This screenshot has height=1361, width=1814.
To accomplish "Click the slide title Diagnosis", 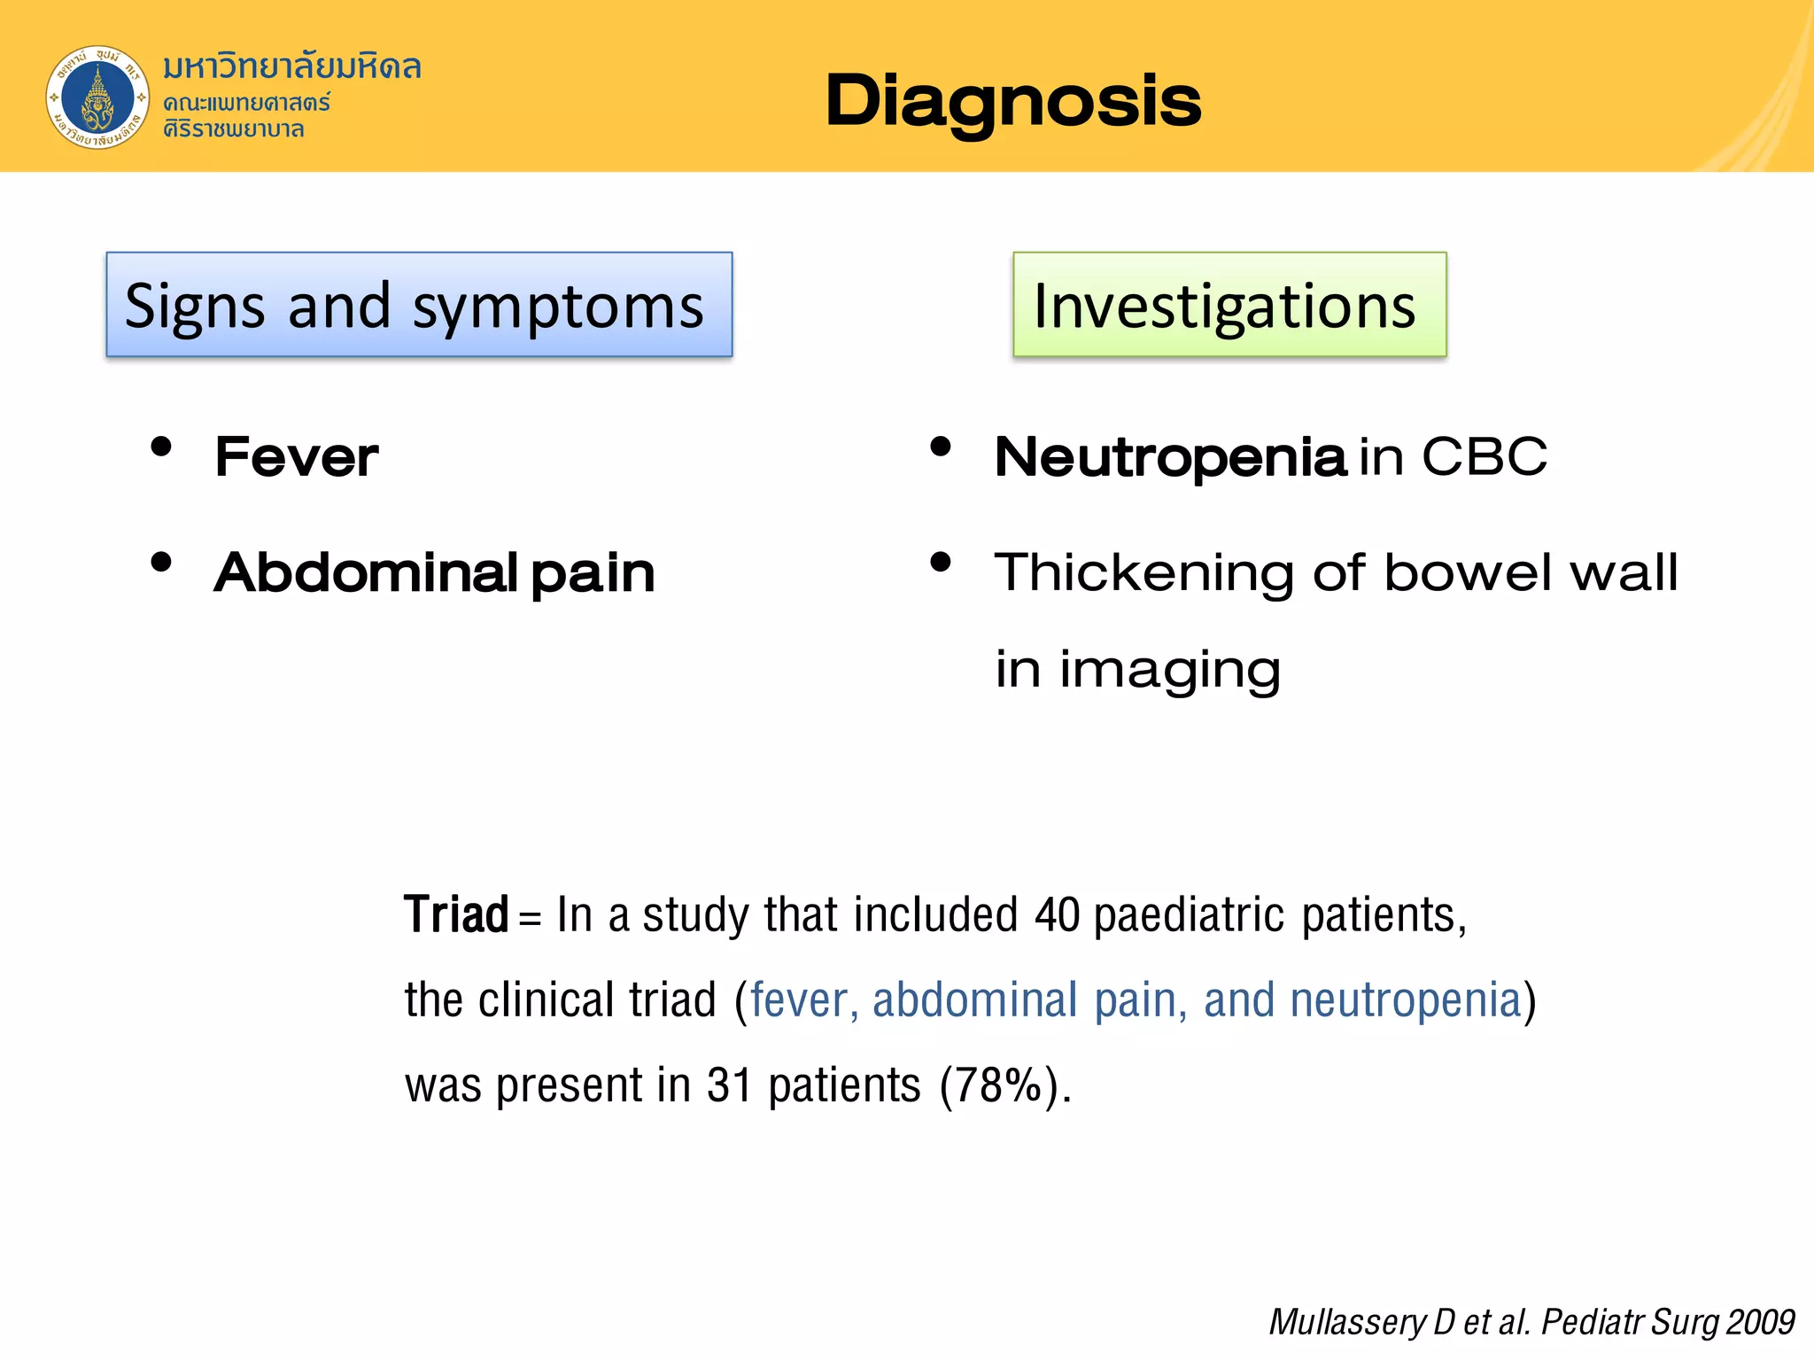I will click(x=1012, y=101).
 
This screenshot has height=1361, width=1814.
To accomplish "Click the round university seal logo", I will click(x=97, y=97).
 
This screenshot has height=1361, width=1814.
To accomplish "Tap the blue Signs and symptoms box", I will click(x=419, y=305).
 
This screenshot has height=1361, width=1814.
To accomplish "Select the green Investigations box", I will click(x=1229, y=305).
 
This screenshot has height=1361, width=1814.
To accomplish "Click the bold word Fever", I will click(x=297, y=457).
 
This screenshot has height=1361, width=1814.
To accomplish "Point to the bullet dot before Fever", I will click(x=161, y=447).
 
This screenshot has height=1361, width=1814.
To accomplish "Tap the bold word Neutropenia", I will click(x=1170, y=457).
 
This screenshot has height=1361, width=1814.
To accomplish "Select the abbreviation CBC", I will click(x=1485, y=457).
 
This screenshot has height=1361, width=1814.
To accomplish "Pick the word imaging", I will click(x=1170, y=670).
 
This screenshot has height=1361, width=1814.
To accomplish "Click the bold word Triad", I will click(x=456, y=914).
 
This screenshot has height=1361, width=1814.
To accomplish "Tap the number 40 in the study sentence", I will click(x=1057, y=914).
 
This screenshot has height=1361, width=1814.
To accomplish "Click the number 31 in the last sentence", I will click(x=730, y=1085).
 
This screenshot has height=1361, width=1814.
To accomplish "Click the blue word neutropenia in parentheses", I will click(x=1405, y=1000).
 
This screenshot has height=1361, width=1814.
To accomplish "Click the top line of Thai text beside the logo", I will click(x=291, y=66).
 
